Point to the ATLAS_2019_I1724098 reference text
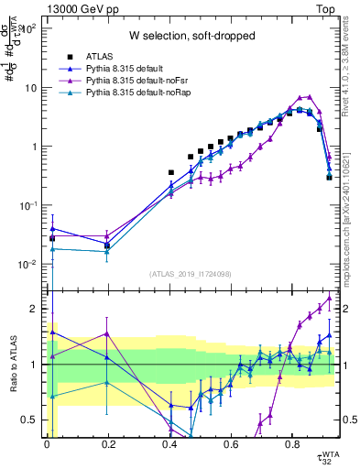[191, 274]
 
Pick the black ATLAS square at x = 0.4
[170, 172]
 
